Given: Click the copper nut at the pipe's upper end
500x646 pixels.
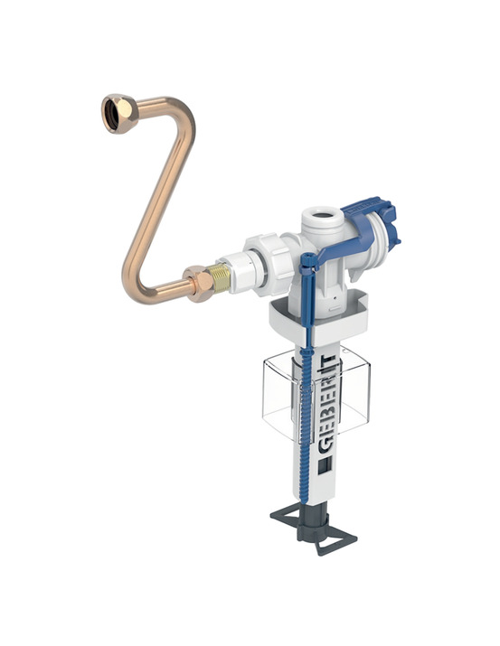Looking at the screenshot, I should (x=120, y=114).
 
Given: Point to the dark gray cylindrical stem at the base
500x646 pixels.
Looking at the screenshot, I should (x=312, y=524).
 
